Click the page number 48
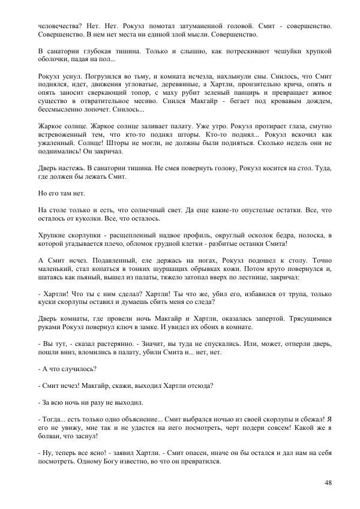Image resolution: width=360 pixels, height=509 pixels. point(328,482)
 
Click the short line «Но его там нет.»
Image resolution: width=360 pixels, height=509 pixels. point(61,195)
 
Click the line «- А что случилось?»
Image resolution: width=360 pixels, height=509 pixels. point(67,369)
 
